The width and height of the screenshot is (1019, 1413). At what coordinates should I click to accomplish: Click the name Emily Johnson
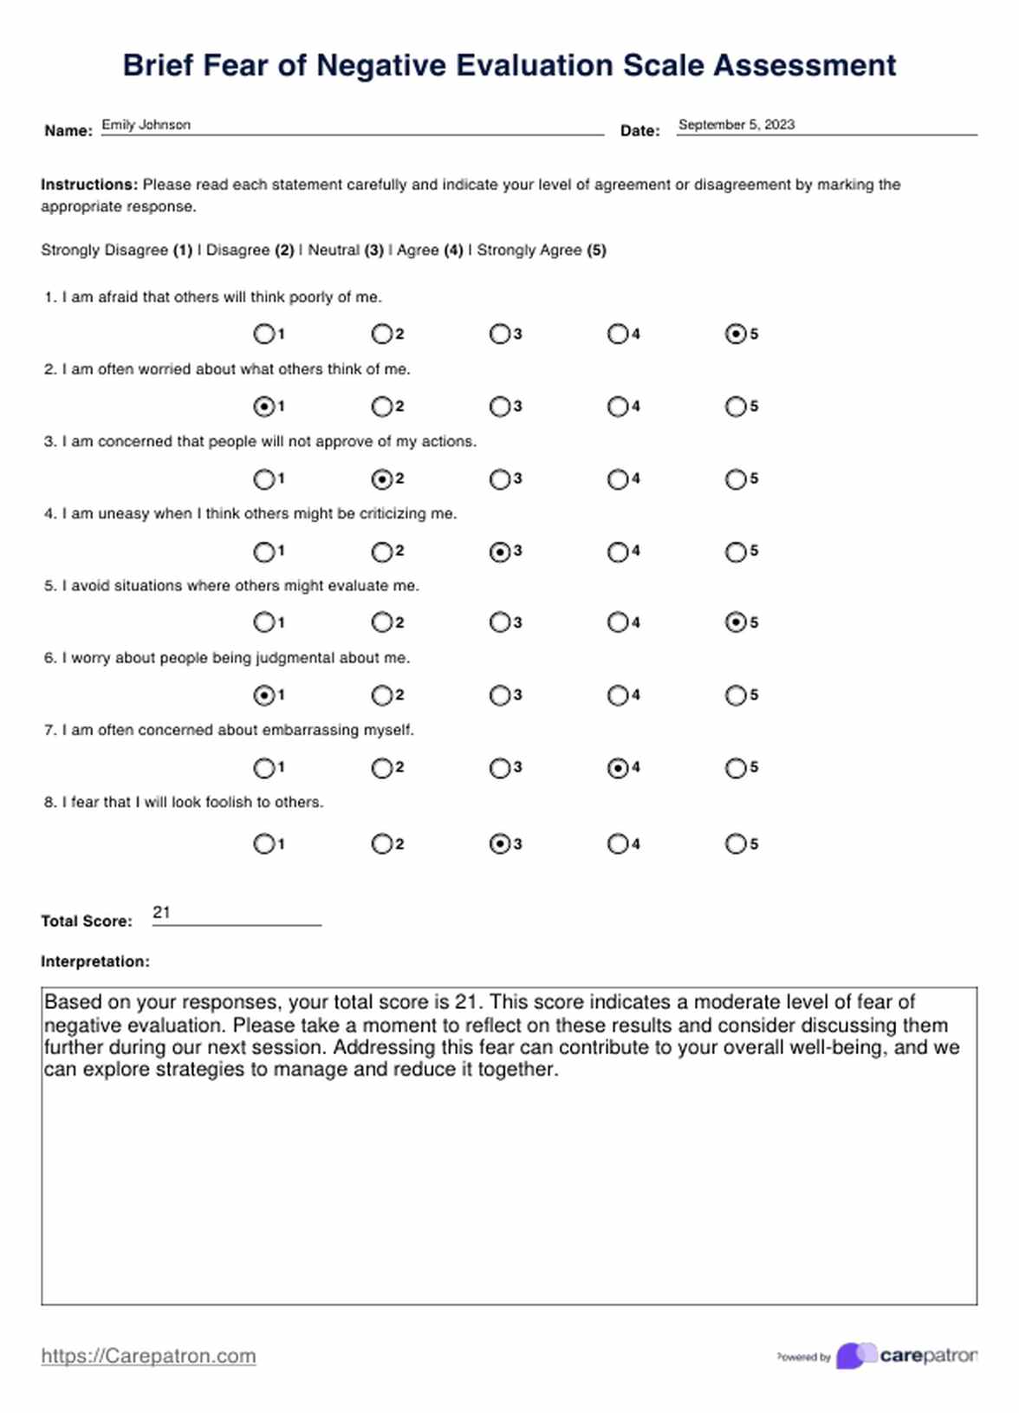pos(146,125)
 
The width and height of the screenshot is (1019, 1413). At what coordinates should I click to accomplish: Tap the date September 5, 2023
pos(736,125)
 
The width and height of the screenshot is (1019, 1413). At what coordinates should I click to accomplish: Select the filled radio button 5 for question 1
pos(735,334)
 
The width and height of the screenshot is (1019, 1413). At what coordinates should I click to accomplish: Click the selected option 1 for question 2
pos(263,407)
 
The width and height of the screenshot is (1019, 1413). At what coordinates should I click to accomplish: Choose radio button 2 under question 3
pos(381,479)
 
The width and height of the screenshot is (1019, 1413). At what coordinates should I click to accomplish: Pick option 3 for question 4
pos(499,551)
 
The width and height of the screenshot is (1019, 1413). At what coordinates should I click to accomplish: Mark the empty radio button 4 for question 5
pos(617,622)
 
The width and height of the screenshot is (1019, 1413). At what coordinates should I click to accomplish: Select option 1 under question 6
pos(263,695)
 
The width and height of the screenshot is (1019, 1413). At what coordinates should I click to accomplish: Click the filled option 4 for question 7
pos(617,768)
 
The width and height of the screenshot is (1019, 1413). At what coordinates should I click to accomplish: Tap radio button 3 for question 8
pos(499,844)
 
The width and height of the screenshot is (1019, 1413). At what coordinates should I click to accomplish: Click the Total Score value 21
pos(161,912)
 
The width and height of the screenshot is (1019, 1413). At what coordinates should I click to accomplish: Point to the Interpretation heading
pos(95,961)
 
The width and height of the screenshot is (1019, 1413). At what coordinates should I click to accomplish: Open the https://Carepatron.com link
pos(148,1356)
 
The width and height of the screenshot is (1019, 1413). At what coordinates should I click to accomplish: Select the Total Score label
pos(87,921)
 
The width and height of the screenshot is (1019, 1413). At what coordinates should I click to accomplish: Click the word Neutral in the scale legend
pos(334,251)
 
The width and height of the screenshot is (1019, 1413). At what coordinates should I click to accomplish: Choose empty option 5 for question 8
pos(735,844)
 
